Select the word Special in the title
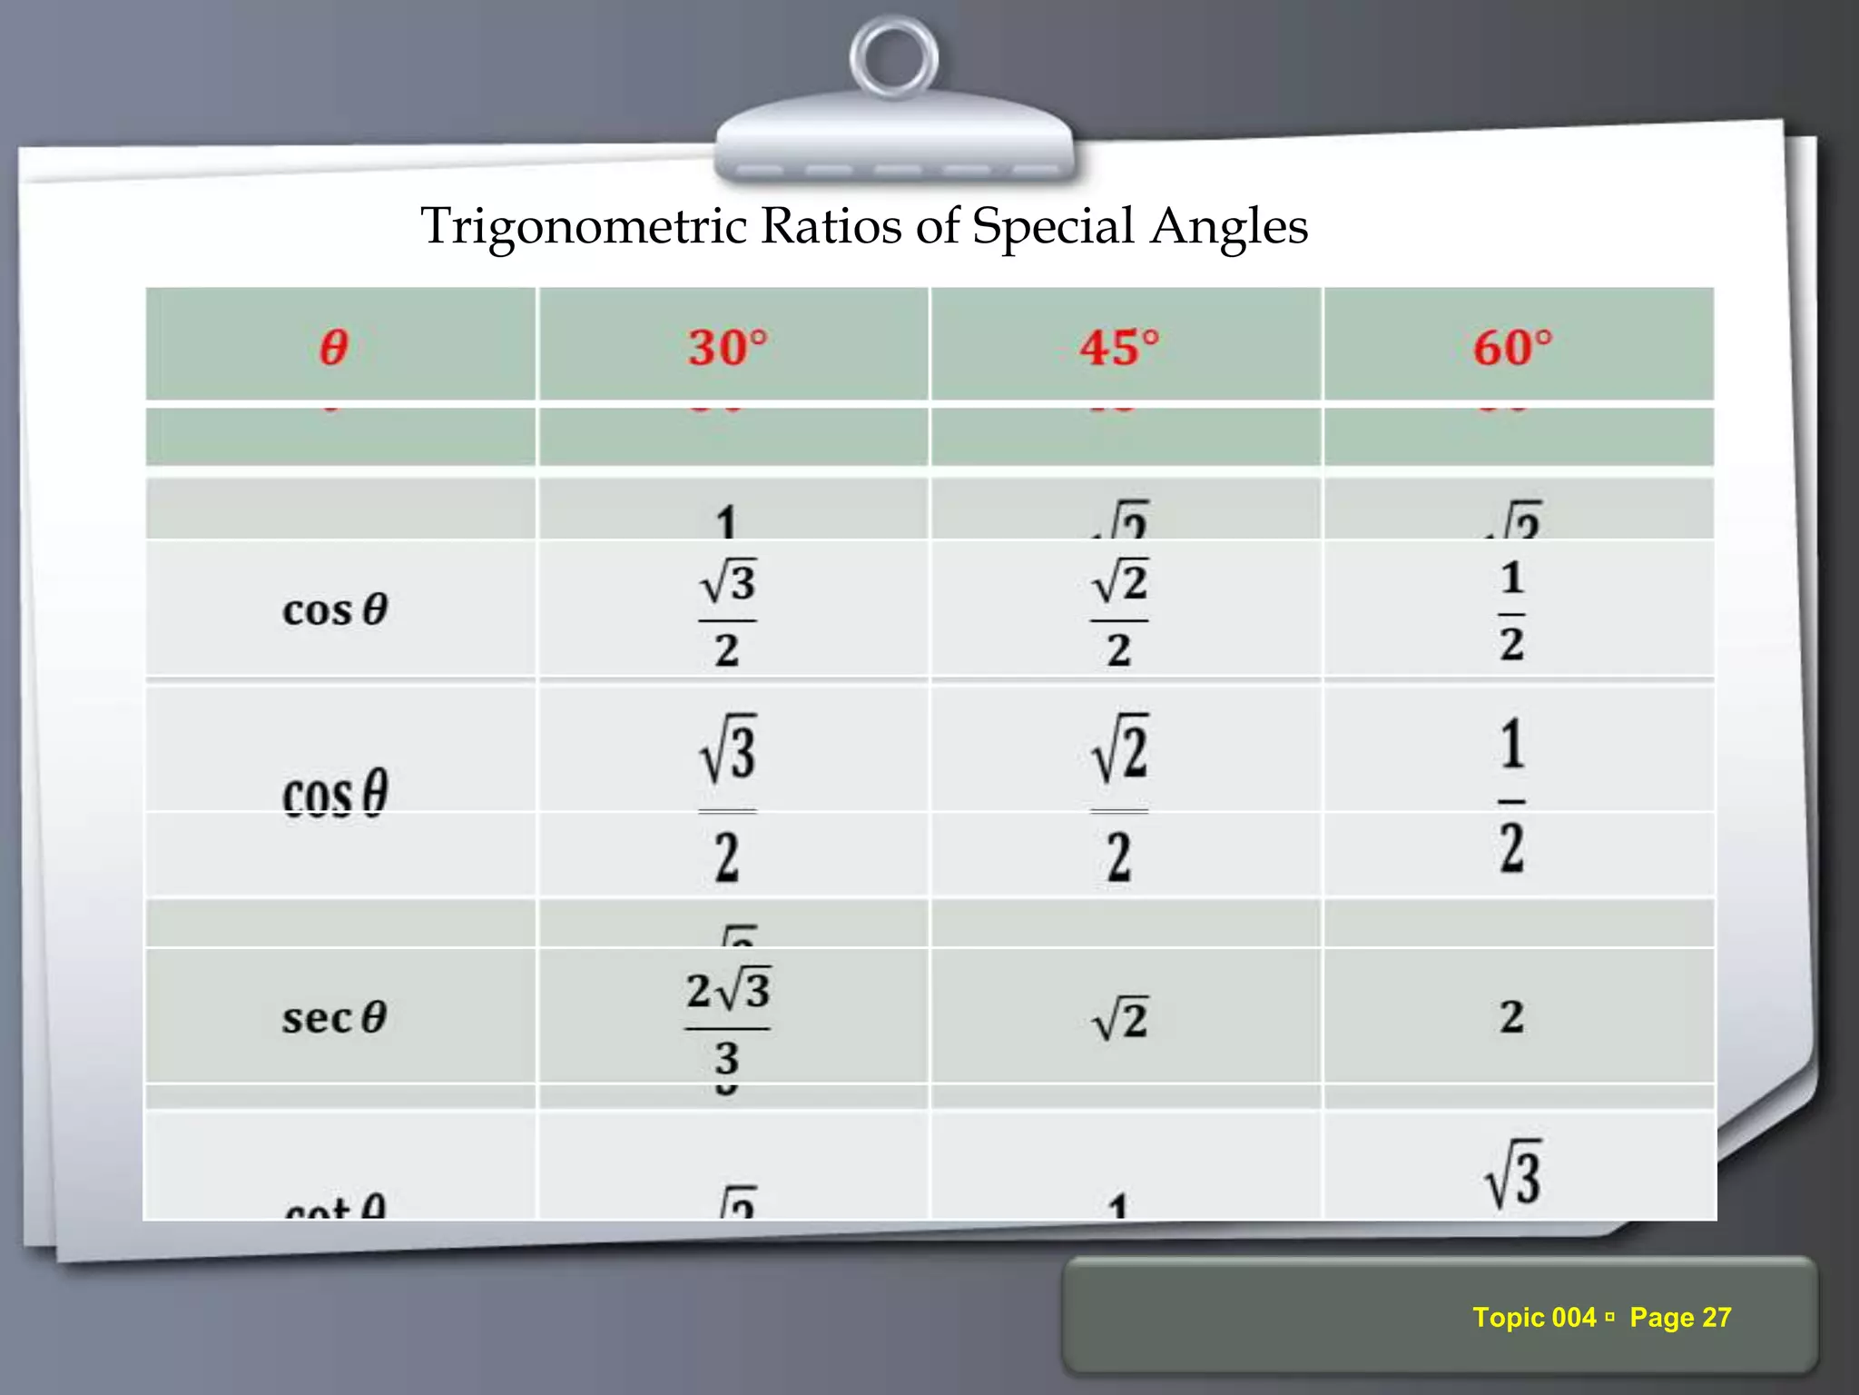[x=1053, y=227]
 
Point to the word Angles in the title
[x=1229, y=227]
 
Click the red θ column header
[x=334, y=347]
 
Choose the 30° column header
[x=727, y=347]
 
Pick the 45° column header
[x=1119, y=347]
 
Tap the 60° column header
[x=1512, y=347]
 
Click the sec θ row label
[x=334, y=1017]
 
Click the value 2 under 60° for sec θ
[x=1511, y=1017]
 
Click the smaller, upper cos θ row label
[x=334, y=609]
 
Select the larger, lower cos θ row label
[x=334, y=793]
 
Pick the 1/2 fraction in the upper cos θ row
[x=1511, y=610]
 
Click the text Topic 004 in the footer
[x=1533, y=1317]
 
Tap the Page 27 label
[x=1680, y=1317]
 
